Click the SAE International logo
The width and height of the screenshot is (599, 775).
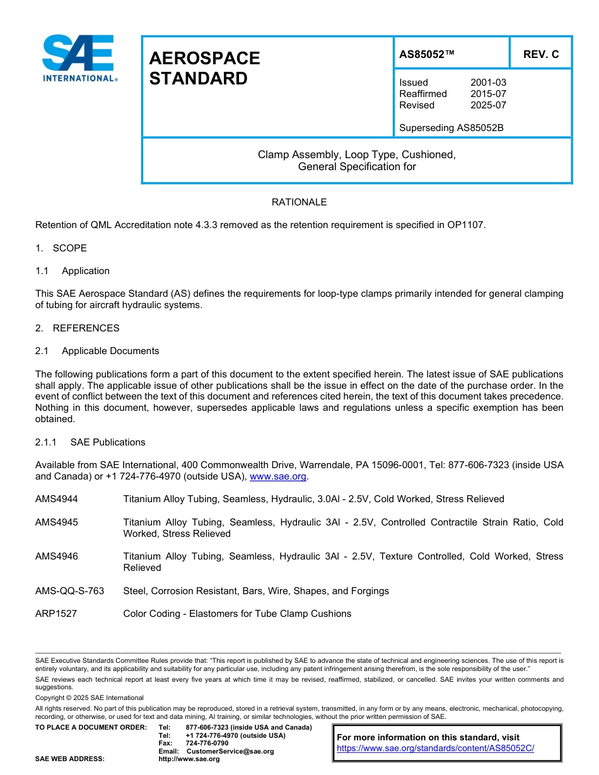pos(79,59)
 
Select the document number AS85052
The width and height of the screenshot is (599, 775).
pos(427,54)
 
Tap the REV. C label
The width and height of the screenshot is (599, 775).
pos(540,54)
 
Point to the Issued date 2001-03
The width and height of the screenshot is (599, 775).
pos(488,83)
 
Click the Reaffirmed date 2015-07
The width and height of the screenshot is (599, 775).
pos(488,94)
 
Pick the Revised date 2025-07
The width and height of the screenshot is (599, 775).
pos(488,105)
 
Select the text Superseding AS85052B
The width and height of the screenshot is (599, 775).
pos(451,128)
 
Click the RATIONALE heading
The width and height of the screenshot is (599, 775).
pos(299,202)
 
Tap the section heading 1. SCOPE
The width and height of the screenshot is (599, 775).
pos(61,248)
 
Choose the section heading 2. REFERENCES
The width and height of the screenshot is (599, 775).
pos(77,328)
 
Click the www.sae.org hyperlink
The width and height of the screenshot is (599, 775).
pos(277,477)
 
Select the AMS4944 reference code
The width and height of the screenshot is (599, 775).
pos(57,499)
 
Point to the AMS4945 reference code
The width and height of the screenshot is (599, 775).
pos(57,522)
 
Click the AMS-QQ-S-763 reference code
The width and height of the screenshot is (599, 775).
pos(69,591)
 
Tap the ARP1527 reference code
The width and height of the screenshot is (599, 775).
pos(56,614)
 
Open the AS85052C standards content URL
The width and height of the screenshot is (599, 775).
pos(435,749)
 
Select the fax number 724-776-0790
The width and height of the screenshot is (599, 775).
pos(207,743)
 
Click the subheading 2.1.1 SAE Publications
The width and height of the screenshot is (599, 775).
pos(90,442)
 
